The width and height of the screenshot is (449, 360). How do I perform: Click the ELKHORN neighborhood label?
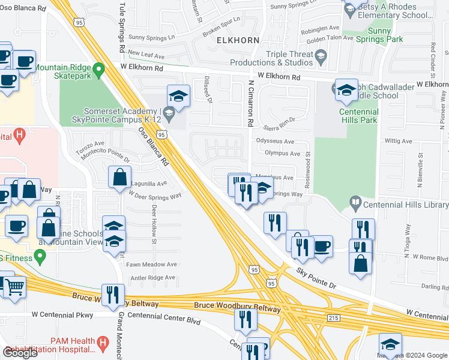(x=239, y=40)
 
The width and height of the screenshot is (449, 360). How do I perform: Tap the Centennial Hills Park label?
(x=358, y=116)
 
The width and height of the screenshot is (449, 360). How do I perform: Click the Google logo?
(x=20, y=353)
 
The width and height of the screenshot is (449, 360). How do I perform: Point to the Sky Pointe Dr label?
(x=316, y=278)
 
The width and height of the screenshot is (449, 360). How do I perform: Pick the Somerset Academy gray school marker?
(x=169, y=112)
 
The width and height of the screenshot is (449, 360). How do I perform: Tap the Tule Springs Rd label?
(x=121, y=33)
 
